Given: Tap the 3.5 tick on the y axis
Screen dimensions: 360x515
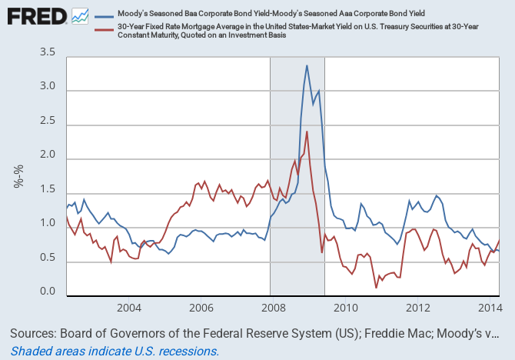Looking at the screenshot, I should [x=48, y=53].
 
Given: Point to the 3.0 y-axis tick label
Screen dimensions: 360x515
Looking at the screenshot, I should [x=48, y=87].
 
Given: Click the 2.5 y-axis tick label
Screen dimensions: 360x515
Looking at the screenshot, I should [x=48, y=122].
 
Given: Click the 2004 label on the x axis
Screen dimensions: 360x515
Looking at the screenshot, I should [x=128, y=308].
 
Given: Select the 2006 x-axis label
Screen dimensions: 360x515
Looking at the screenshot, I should [x=201, y=308].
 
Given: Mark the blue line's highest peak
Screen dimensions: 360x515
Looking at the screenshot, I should [x=307, y=65].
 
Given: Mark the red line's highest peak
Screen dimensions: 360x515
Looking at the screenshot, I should [x=307, y=132].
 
